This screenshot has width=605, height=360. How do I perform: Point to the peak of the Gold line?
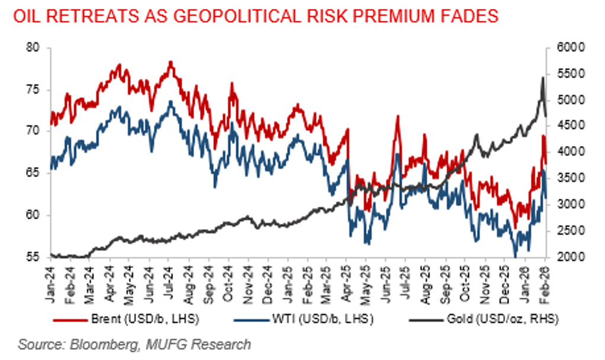542,78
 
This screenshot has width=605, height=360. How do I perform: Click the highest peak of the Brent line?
170,62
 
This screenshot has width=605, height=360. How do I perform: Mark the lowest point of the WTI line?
515,256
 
